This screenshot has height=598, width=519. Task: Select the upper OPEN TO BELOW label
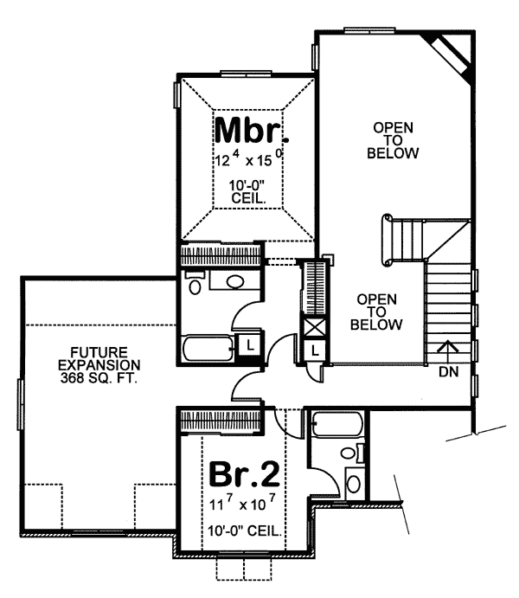pos(393,141)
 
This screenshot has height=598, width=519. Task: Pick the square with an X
pos(311,329)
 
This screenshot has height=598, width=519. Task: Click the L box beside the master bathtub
pos(249,344)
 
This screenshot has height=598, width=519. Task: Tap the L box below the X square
pos(313,350)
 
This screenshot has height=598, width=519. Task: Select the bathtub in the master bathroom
pos(208,349)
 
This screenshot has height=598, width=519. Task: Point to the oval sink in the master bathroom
pos(235,282)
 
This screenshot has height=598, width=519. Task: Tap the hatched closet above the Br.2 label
pos(220,421)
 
